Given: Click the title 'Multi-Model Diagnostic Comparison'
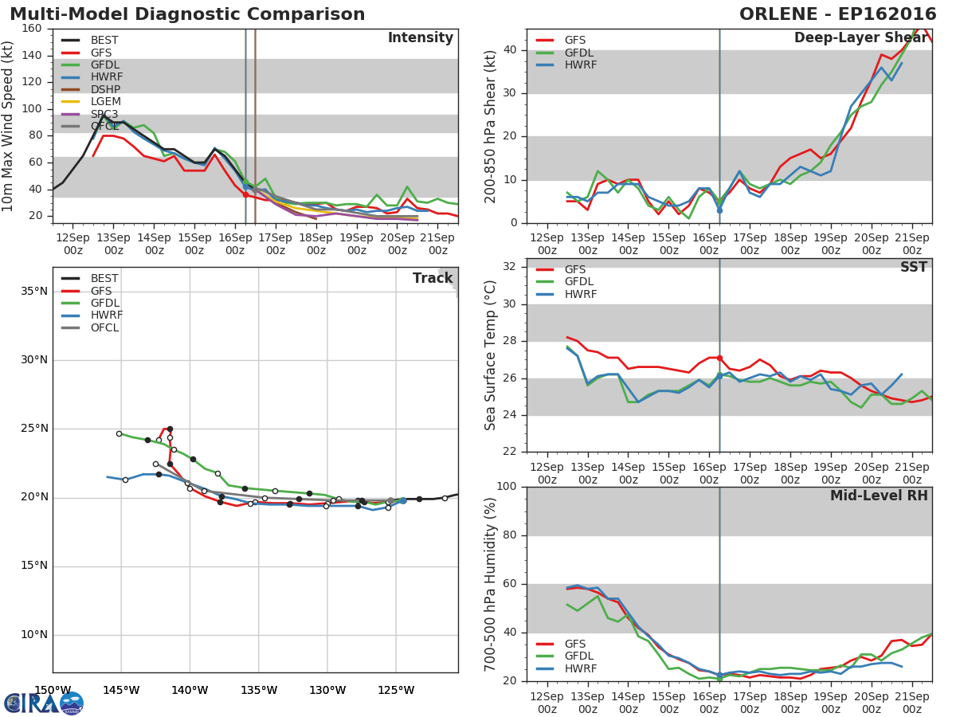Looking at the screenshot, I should tap(187, 14).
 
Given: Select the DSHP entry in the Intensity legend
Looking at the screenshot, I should tap(106, 89).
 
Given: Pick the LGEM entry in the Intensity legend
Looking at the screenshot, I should tap(106, 102).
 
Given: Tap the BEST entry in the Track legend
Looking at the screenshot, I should tap(104, 278).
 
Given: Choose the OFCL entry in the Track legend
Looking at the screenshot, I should tap(104, 327).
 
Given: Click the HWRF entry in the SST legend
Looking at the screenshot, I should tap(580, 294).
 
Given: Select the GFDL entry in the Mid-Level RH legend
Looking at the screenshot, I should tap(580, 656).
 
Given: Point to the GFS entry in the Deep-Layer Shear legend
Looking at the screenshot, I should tap(576, 40).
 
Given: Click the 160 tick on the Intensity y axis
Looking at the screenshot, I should tap(32, 29).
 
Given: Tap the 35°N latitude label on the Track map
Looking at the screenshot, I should tap(33, 292).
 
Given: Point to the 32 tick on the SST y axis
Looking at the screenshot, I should tap(511, 267).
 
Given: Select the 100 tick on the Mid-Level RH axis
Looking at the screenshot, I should tap(507, 487).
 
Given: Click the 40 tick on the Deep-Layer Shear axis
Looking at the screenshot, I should tap(511, 50).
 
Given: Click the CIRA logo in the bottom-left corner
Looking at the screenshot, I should tap(44, 703).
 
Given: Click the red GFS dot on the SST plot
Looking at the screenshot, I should tap(719, 358).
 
